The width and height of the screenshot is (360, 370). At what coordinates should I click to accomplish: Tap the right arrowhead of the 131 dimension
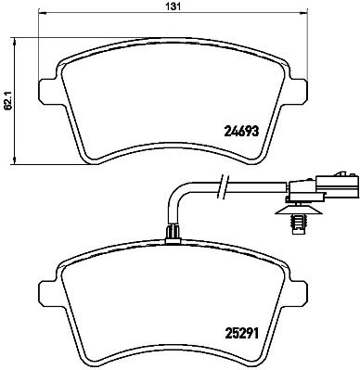click(303, 15)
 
